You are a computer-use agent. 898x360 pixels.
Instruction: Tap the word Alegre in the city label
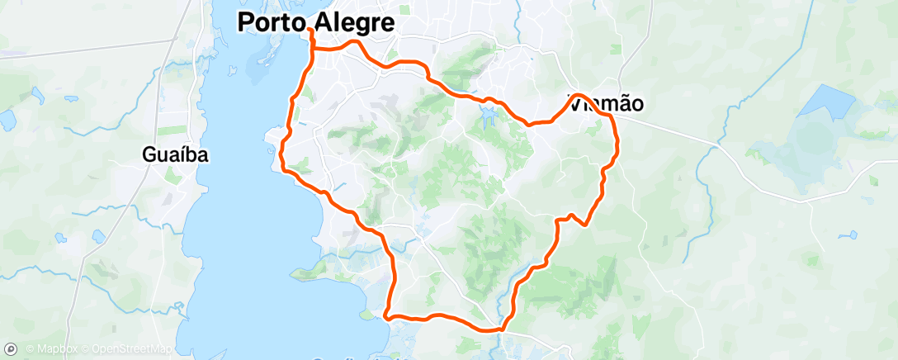click(x=351, y=22)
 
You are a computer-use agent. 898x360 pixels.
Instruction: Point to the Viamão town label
click(x=607, y=104)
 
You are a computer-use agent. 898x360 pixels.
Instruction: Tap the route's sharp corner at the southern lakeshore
click(x=386, y=315)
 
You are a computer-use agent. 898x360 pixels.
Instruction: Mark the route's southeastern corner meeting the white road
click(x=501, y=329)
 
